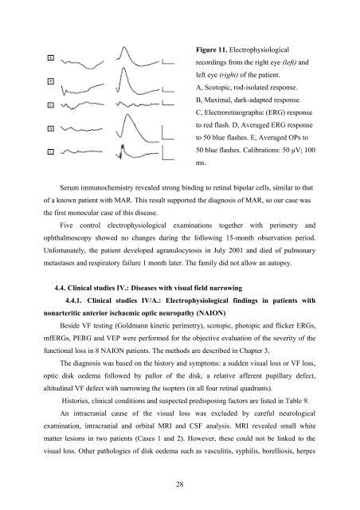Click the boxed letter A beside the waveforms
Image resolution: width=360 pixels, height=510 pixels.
point(29,58)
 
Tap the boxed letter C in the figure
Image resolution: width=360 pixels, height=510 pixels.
point(29,104)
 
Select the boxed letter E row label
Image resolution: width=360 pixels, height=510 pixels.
point(29,151)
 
